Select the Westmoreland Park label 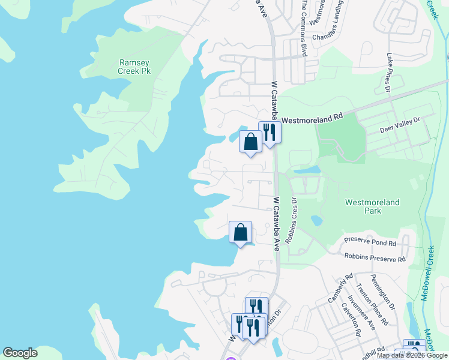pos(372,206)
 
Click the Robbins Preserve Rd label pos(375,259)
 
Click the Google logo pos(20,353)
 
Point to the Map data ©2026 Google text pos(412,355)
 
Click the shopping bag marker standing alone pos(240,232)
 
